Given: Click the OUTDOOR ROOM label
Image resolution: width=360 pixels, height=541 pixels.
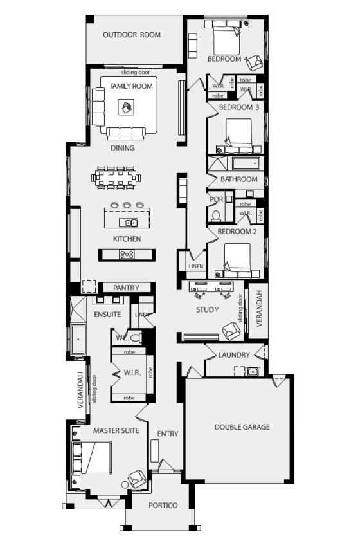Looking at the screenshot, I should pos(132,35).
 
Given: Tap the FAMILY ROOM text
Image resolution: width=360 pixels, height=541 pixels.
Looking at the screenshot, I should pos(131,86).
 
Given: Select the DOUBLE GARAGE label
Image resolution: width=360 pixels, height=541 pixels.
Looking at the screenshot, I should pos(242,426).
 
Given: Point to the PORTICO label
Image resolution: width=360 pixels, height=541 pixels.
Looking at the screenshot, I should pos(163,506).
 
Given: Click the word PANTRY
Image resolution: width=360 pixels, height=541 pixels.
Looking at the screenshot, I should pos(126,288).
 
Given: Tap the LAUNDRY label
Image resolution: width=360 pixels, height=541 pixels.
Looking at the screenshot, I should pos(233,355).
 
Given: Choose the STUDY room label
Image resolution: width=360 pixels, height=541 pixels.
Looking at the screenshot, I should pos(208,310).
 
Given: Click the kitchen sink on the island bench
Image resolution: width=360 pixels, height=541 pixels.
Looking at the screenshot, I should pos(132,223).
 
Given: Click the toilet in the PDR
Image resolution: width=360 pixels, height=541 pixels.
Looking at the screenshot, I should pos(217,215).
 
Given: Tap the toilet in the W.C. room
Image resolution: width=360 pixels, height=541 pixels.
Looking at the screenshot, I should pos(134,337).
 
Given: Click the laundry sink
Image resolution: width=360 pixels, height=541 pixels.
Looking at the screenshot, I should pos(252,371).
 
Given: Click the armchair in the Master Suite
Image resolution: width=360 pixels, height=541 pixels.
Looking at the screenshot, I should pos(137,478).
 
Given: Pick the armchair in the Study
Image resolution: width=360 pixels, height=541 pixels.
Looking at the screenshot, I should pos(231,330).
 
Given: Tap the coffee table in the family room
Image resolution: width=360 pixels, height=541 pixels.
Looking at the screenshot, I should pos(127,107).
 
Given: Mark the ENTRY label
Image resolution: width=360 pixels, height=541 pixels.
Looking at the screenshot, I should pos(168,434).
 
